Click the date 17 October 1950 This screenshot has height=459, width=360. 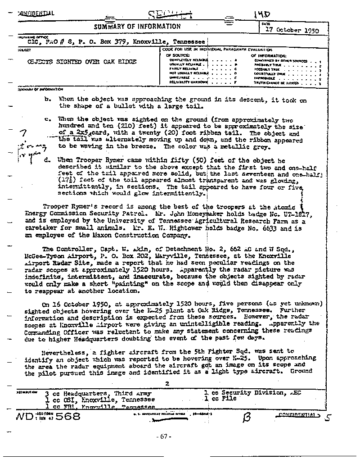pos(290,31)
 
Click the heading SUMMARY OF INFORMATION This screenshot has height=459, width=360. pos(137,27)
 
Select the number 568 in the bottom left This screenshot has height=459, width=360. pos(64,416)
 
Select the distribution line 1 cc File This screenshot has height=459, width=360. pos(220,398)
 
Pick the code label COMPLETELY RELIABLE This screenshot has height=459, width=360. pos(188,60)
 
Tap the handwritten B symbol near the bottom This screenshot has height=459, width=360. pos(246,417)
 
